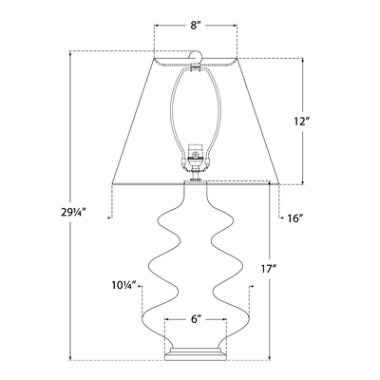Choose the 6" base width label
pos(195,321)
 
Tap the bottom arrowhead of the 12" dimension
pos(302,182)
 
